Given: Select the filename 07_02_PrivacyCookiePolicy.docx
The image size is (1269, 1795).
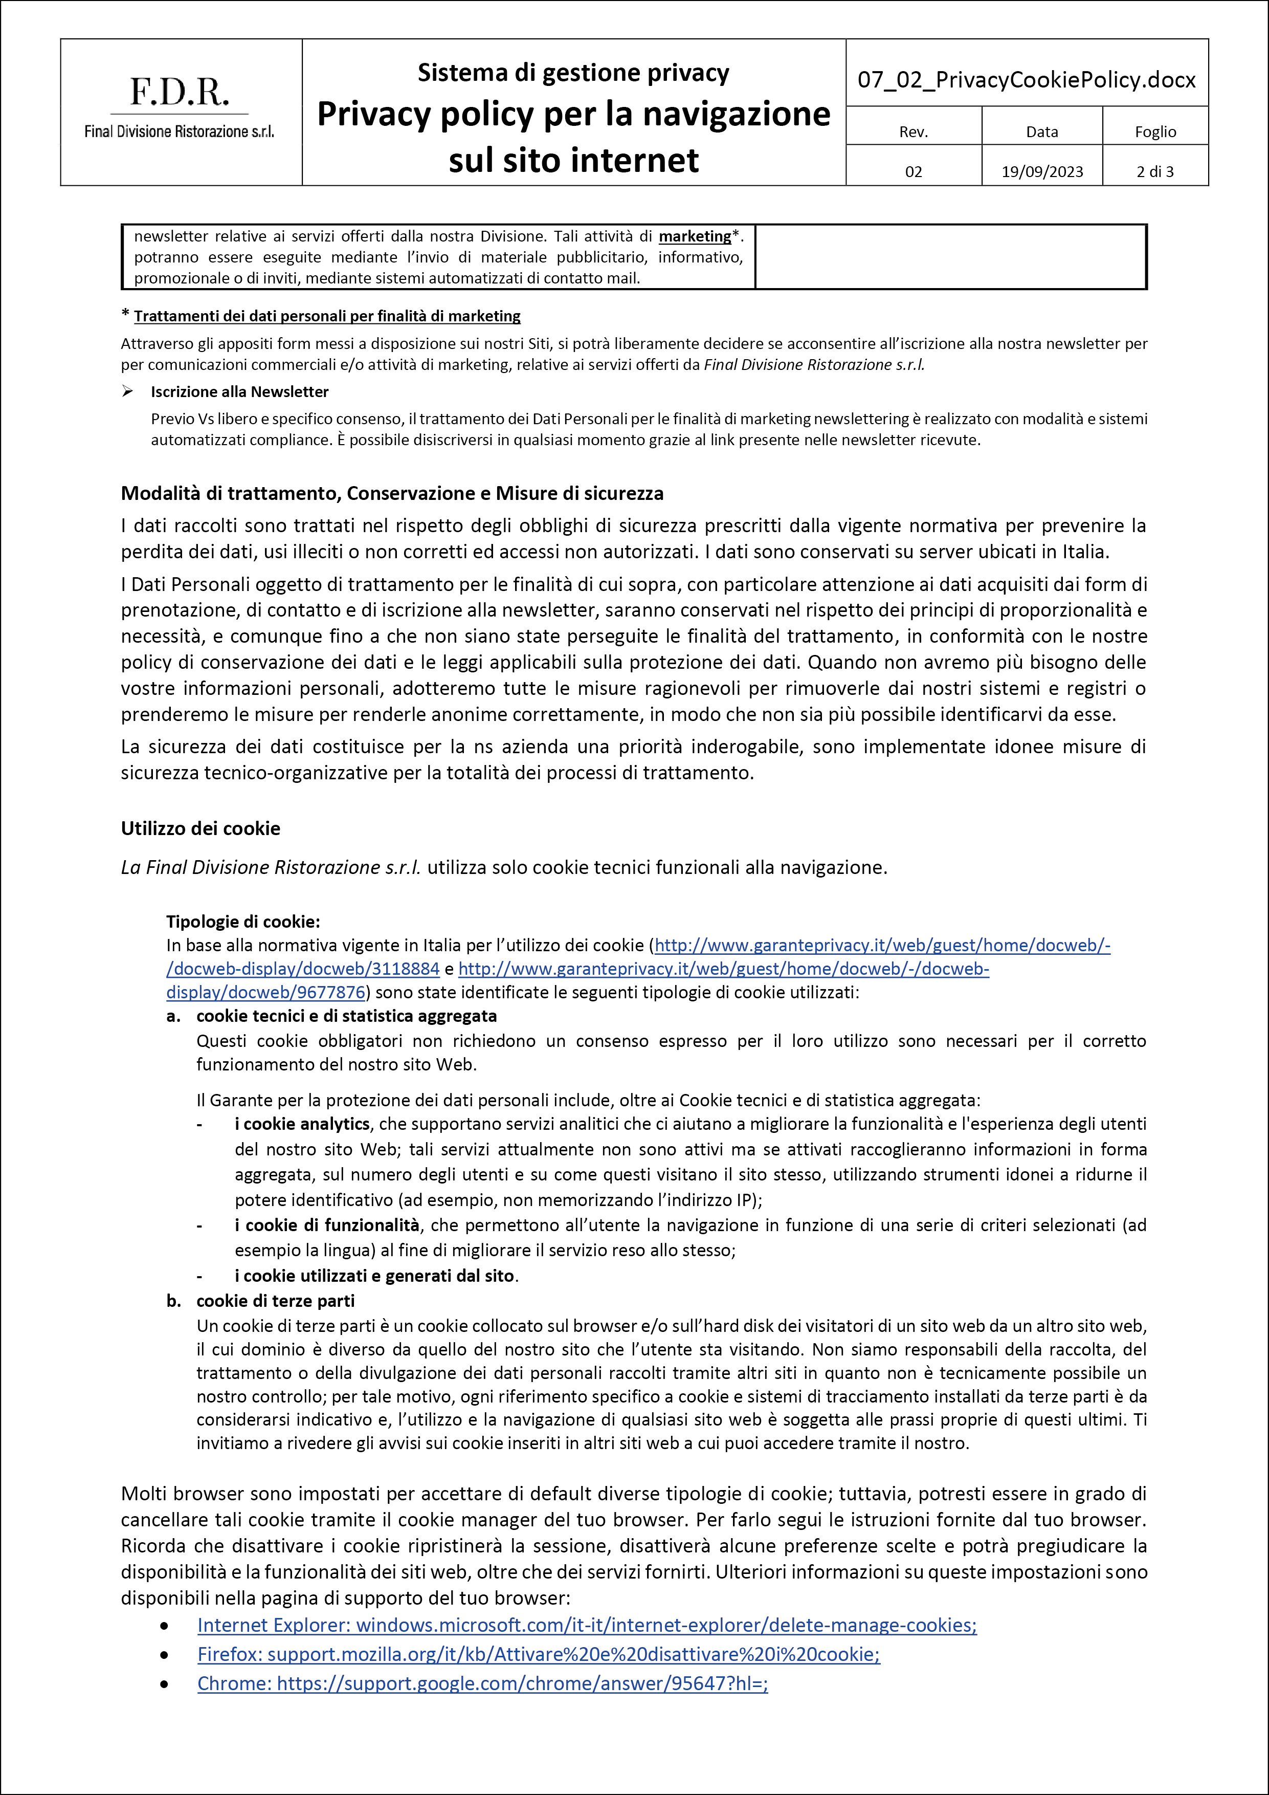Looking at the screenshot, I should [1026, 80].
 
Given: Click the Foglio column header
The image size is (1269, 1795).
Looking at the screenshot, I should [1155, 132].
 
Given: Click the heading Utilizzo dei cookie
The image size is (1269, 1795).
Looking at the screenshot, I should [200, 829].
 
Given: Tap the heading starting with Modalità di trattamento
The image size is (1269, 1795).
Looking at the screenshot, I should [391, 493].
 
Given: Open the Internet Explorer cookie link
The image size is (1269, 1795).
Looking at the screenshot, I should [586, 1625].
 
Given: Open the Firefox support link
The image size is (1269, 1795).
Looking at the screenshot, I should [539, 1654].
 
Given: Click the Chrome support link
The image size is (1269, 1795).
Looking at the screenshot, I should [482, 1683].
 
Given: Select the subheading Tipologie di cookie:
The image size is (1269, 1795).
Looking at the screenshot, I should [243, 922].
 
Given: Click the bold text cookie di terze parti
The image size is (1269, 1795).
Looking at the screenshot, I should [275, 1301].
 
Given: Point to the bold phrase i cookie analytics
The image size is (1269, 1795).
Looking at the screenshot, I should [302, 1124].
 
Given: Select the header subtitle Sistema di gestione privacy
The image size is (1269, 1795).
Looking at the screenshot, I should [573, 73].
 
